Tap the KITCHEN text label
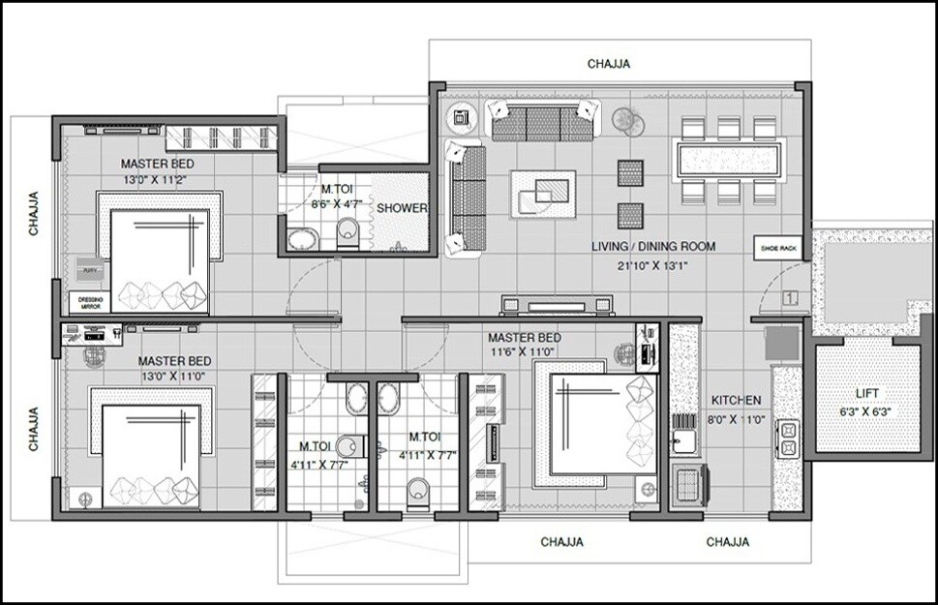tap(737, 400)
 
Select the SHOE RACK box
tap(778, 249)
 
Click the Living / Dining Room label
tap(653, 247)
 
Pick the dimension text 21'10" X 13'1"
tap(653, 266)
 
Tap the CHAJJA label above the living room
tap(610, 65)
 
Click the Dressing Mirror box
tap(88, 301)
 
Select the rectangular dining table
tap(728, 157)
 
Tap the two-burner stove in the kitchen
tap(786, 439)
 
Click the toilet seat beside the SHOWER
tap(348, 232)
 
